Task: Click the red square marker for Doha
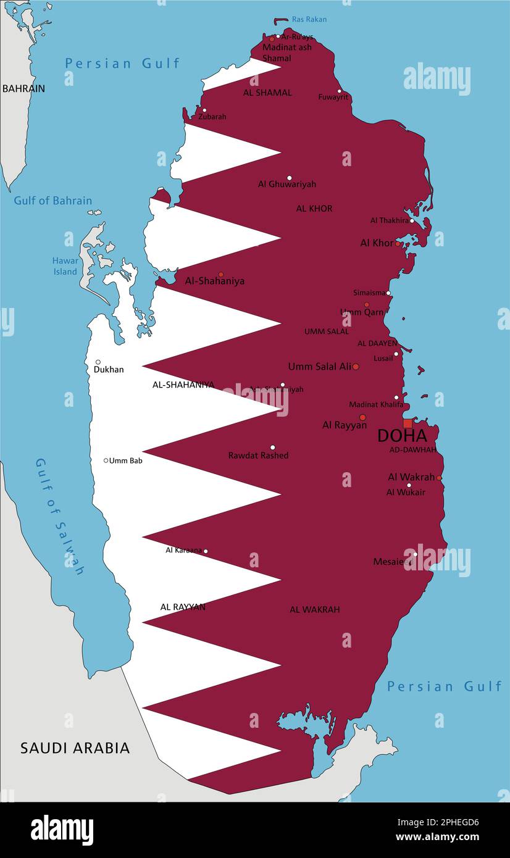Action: pyautogui.click(x=408, y=423)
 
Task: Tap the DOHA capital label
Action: pyautogui.click(x=402, y=436)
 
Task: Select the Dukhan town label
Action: pyautogui.click(x=109, y=370)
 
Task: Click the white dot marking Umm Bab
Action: pyautogui.click(x=106, y=460)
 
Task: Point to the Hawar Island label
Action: pyautogui.click(x=65, y=266)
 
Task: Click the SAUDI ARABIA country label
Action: pyautogui.click(x=75, y=748)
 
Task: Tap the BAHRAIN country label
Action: pyautogui.click(x=23, y=88)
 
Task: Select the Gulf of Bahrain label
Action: pyautogui.click(x=53, y=201)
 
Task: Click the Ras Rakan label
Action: pyautogui.click(x=309, y=19)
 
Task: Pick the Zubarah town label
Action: pyautogui.click(x=212, y=117)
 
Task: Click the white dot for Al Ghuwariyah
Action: pyautogui.click(x=289, y=178)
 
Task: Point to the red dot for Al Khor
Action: pyautogui.click(x=397, y=244)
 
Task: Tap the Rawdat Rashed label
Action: pyautogui.click(x=258, y=456)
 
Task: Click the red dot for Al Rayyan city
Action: pyautogui.click(x=362, y=417)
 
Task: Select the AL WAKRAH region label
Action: pyautogui.click(x=315, y=609)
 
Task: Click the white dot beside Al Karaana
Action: pyautogui.click(x=206, y=551)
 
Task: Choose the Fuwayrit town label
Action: pyautogui.click(x=333, y=97)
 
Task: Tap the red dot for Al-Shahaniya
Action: pyautogui.click(x=220, y=275)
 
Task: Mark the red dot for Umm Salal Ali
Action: pyautogui.click(x=356, y=367)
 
